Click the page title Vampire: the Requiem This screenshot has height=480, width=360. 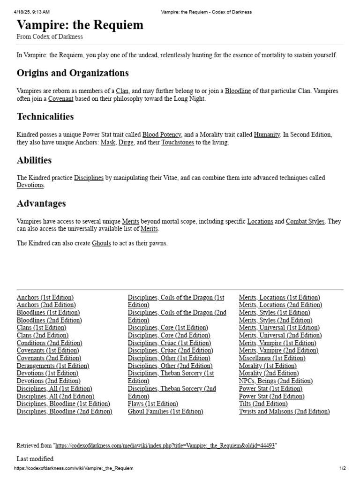[80, 25]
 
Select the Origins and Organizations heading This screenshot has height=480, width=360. [73, 73]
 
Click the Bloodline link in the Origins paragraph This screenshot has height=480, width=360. [238, 91]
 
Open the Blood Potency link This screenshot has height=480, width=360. [162, 135]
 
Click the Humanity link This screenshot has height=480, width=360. [267, 135]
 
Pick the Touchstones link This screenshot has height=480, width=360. [178, 142]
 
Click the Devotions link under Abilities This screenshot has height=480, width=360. [30, 186]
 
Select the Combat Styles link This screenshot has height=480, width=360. [305, 221]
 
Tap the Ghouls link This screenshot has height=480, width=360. [101, 243]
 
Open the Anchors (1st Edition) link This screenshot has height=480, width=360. [45, 298]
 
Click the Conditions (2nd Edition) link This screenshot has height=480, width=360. [49, 343]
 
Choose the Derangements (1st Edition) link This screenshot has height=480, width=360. [53, 366]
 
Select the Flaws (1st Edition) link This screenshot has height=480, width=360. [153, 404]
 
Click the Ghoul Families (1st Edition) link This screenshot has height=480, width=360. [165, 412]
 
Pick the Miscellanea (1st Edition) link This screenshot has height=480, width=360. [272, 358]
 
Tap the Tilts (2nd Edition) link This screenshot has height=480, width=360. [263, 404]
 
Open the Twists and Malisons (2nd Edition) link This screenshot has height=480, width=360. [285, 412]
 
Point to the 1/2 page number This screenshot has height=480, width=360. [343, 468]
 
